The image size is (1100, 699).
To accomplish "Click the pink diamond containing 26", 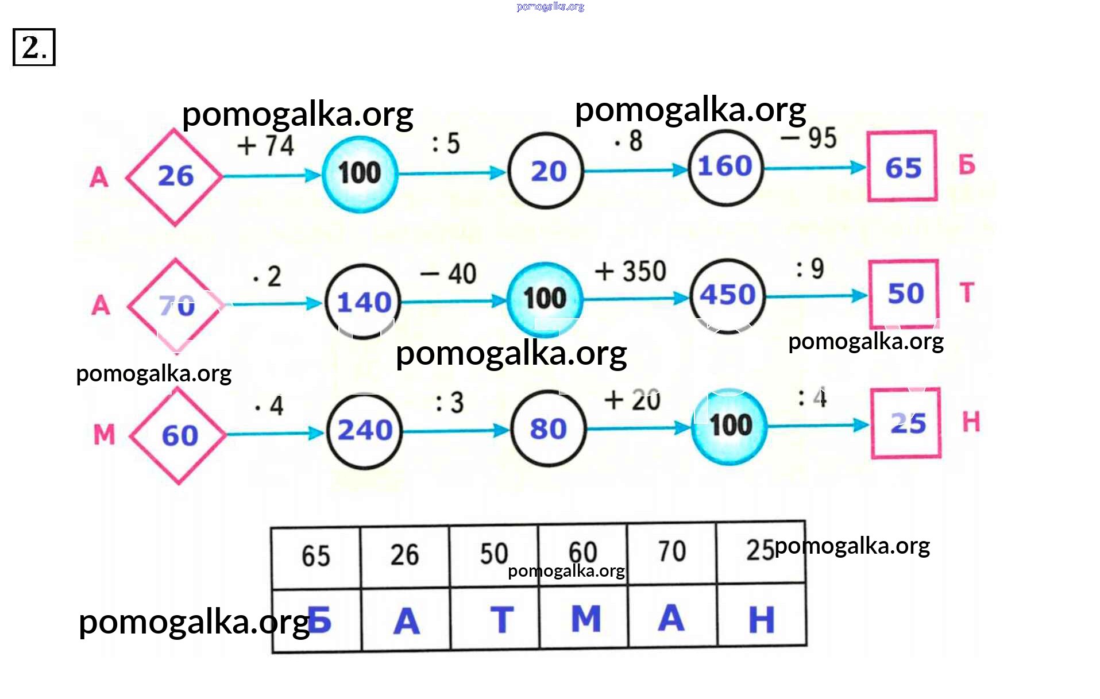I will click(175, 176).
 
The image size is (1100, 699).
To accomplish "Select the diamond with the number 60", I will click(179, 435).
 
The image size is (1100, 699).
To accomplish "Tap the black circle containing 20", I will click(546, 171).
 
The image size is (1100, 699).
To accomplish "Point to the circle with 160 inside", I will click(725, 167).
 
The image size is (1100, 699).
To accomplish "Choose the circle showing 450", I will click(727, 295).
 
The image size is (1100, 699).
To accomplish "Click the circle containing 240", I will click(365, 430).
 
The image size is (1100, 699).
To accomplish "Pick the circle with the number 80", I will click(548, 428).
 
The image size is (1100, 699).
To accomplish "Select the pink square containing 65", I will click(902, 167).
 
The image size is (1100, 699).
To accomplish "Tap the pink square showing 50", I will click(904, 293).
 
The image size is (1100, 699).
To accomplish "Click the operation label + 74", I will click(265, 145).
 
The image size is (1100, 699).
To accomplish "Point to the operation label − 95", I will click(808, 138).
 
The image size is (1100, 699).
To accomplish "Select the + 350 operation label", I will click(630, 271).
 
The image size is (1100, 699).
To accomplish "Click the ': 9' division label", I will click(810, 268).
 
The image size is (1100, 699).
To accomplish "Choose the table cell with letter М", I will click(584, 618).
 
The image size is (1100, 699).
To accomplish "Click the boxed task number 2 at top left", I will click(34, 47).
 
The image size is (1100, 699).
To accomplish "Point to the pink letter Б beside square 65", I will click(966, 165).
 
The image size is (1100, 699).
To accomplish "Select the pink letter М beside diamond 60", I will click(104, 434).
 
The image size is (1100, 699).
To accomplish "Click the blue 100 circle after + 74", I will click(360, 173).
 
